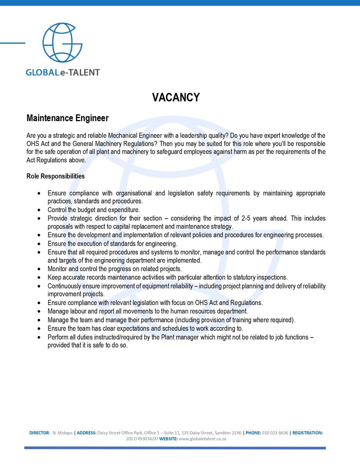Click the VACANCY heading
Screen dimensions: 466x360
coord(176,97)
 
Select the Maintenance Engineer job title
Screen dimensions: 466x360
coord(67,118)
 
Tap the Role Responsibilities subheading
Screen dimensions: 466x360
coord(56,176)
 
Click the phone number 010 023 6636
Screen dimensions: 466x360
coord(275,433)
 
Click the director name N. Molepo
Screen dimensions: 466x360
coord(62,433)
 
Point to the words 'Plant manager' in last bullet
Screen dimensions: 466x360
coord(182,337)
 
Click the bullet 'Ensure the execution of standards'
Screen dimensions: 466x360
coord(112,244)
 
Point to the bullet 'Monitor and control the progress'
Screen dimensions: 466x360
coord(115,269)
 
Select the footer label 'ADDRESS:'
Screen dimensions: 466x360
coord(86,433)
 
